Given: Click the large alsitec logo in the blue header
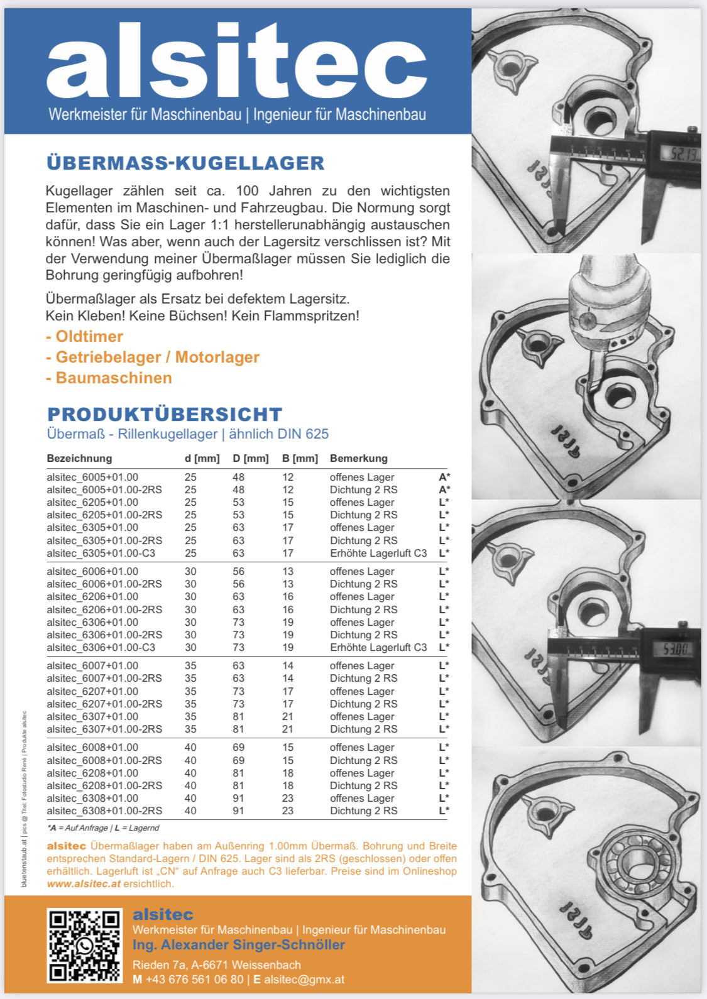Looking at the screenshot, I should click(x=237, y=61).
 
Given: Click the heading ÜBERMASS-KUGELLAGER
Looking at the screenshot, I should click(x=185, y=163).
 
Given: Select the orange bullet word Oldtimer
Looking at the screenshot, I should click(x=89, y=336).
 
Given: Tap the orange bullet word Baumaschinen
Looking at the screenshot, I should click(x=113, y=378).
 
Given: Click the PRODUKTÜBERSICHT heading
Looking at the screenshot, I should click(x=165, y=414).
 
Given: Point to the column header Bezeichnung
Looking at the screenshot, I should click(x=79, y=458).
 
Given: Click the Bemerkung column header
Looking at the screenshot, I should click(x=358, y=458).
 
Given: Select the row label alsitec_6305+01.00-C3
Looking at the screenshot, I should click(x=101, y=553).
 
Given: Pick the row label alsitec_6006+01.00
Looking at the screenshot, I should click(x=92, y=571).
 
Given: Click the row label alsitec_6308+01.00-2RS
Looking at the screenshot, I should click(x=104, y=811).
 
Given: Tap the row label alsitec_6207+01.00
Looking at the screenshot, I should click(x=92, y=691).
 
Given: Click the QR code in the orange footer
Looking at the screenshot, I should click(x=84, y=945).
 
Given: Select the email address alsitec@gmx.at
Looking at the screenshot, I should click(x=304, y=979).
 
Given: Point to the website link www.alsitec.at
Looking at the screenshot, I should click(x=84, y=883).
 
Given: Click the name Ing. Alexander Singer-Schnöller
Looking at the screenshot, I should click(x=239, y=944).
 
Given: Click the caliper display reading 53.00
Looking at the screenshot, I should click(x=675, y=648).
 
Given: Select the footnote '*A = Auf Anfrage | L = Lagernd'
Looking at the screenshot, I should click(x=103, y=828).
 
